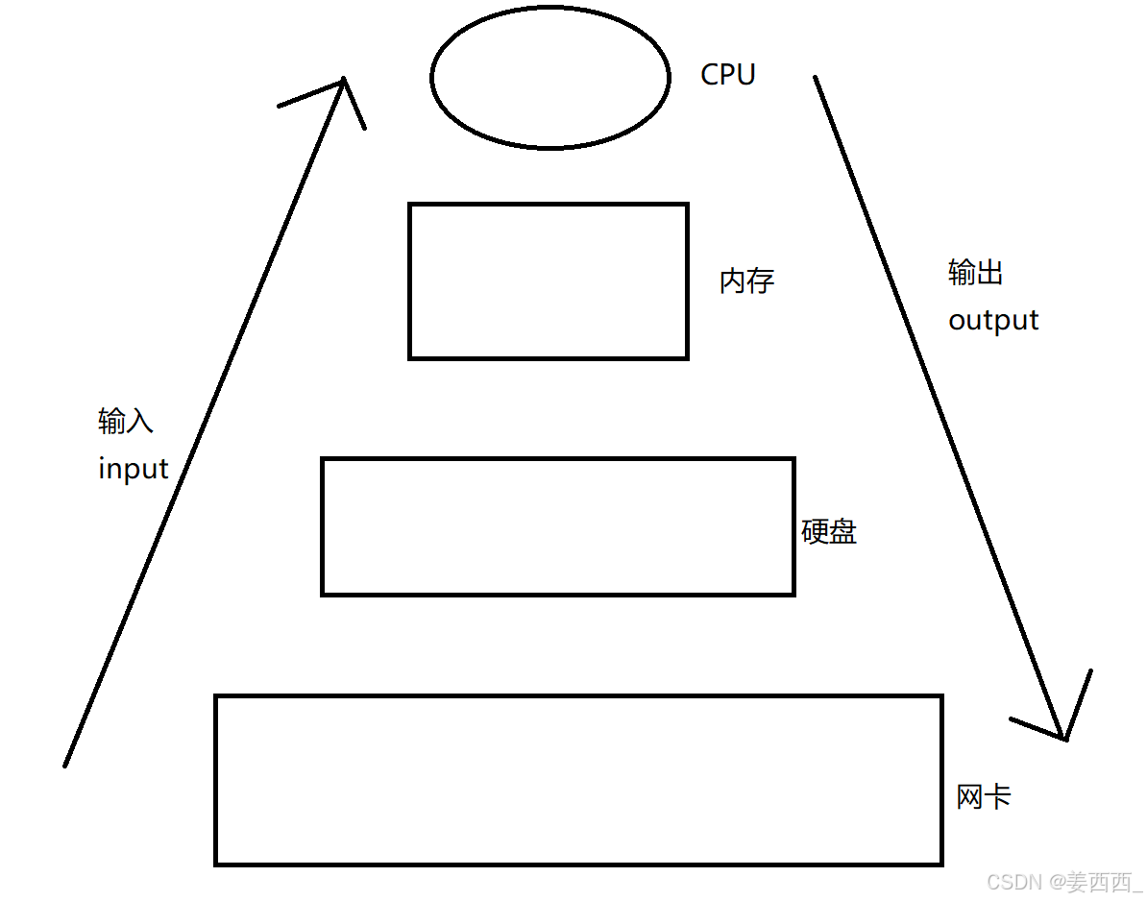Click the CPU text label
(x=728, y=75)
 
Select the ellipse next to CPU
(x=549, y=79)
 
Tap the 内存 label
(x=746, y=281)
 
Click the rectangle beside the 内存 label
(x=549, y=280)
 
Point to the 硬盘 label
(x=829, y=531)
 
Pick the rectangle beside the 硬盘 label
(x=558, y=526)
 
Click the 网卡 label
(x=984, y=796)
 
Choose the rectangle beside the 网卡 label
(x=578, y=780)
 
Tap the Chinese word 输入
(x=126, y=421)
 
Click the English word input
(x=134, y=469)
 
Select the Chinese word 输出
(x=976, y=273)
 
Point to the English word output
(x=993, y=320)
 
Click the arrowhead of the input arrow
(x=343, y=83)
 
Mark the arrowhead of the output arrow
(x=1063, y=737)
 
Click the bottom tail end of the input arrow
(x=65, y=765)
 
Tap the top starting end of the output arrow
(x=816, y=78)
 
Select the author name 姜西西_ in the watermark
(x=1097, y=881)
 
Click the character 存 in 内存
(x=761, y=281)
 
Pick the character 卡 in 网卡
(x=998, y=796)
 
